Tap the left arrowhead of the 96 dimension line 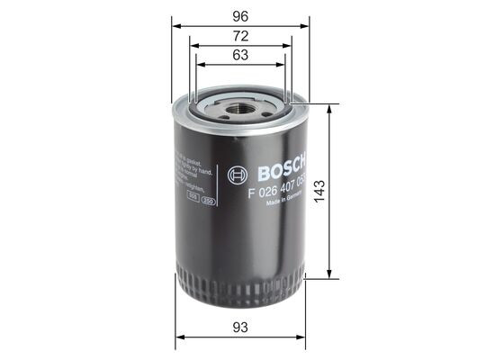point(175,25)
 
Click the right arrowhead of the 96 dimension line point(306,25)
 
